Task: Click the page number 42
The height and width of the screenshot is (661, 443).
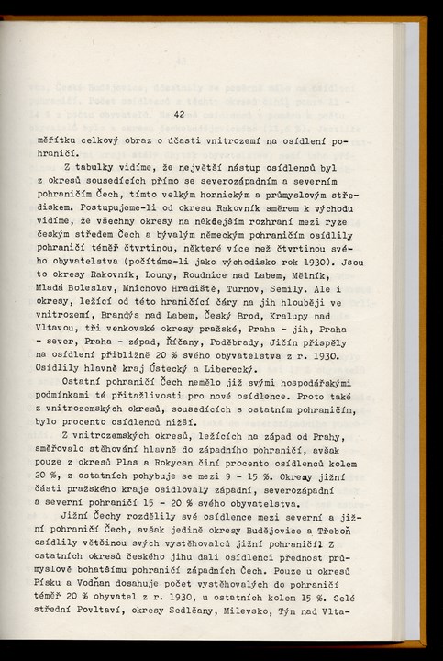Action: tap(179, 114)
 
